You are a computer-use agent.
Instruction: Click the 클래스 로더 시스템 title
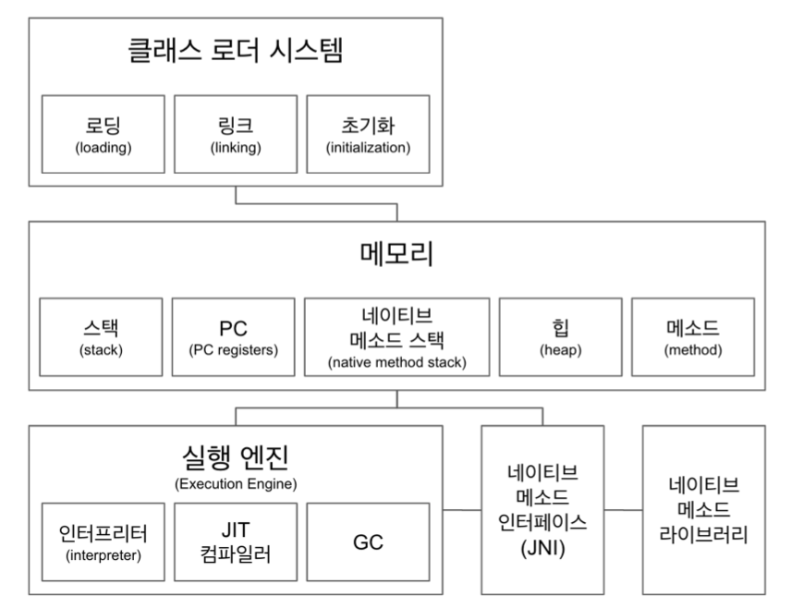236,51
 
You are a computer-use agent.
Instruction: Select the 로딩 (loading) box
103,134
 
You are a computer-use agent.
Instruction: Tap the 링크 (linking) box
236,134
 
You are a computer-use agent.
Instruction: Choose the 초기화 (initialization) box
368,134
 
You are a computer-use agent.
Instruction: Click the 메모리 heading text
397,253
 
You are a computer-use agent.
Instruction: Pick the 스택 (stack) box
101,337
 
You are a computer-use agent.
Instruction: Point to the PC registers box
234,337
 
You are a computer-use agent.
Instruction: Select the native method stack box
397,337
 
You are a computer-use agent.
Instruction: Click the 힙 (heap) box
561,337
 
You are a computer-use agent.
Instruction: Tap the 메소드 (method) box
693,337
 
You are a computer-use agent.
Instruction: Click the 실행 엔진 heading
236,456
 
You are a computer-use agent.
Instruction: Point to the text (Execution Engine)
236,484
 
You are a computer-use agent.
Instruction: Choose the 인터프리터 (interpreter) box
103,541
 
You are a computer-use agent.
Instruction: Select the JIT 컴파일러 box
236,541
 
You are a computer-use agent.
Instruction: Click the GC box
368,541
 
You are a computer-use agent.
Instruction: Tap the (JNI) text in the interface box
542,548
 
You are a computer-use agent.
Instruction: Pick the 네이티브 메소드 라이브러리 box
704,510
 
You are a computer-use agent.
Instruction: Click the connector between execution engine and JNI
462,510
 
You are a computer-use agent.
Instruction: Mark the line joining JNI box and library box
623,510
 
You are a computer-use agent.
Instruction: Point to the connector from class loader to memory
317,204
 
